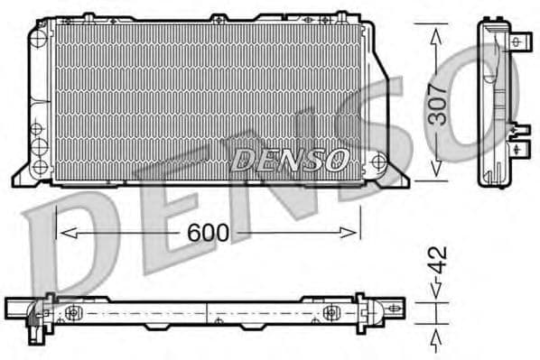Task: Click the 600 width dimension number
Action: (207, 233)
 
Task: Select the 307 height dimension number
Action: (438, 103)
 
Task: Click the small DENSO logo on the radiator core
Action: (289, 161)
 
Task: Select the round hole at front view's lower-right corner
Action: (380, 163)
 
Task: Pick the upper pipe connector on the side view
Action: (523, 42)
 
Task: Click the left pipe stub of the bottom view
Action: (14, 307)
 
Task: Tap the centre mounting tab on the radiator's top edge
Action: (219, 17)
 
